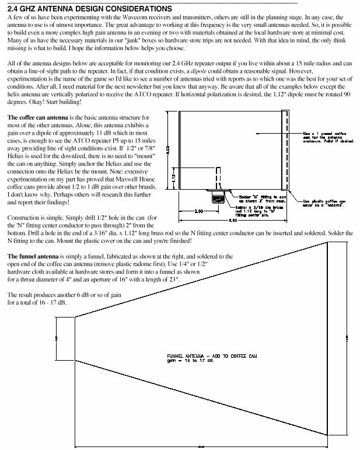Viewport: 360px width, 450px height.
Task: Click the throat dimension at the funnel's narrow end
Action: pos(56,338)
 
